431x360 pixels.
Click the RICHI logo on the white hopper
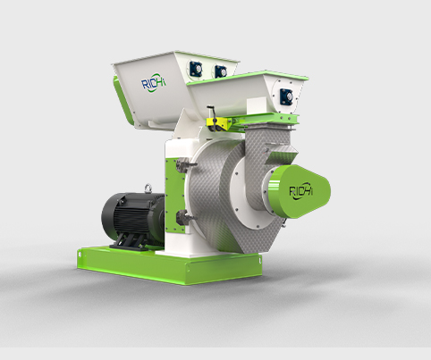pos(153,82)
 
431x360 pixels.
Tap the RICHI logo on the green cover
pos(301,191)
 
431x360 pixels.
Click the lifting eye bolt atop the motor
pos(148,188)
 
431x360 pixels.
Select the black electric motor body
pos(132,216)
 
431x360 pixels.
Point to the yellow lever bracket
pos(219,123)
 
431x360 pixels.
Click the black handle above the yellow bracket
pos(212,111)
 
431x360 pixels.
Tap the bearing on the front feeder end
pos(286,96)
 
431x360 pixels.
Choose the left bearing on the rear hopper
pos(197,69)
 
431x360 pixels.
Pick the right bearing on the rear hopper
pos(221,72)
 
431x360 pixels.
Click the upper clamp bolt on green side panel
pos(185,165)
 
